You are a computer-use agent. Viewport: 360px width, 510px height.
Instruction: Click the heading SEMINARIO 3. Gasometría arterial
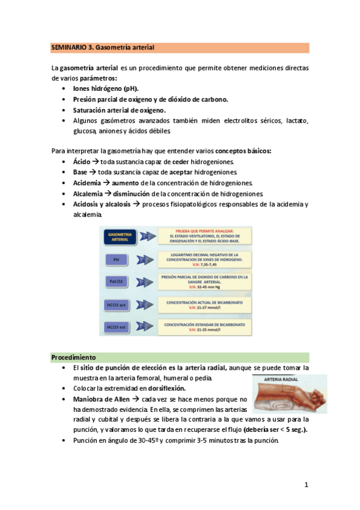click(x=103, y=47)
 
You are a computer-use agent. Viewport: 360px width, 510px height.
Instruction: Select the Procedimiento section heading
click(x=74, y=357)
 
